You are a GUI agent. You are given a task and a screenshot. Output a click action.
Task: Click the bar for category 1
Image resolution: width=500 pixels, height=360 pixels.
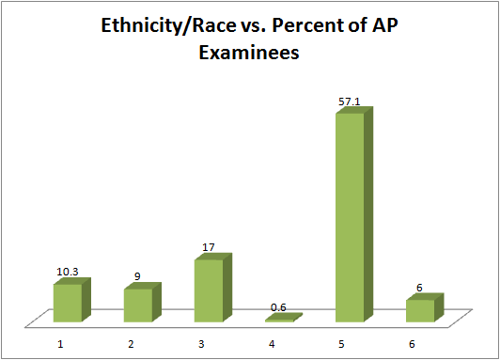click(x=68, y=303)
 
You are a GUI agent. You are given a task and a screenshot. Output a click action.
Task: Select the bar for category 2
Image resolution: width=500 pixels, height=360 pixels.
click(x=138, y=305)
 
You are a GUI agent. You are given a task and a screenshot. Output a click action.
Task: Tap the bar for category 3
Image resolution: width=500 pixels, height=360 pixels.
click(x=209, y=290)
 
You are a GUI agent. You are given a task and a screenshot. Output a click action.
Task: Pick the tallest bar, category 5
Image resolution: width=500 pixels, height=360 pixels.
click(x=350, y=217)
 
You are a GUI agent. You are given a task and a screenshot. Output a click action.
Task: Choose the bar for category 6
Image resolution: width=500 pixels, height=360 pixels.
click(x=420, y=310)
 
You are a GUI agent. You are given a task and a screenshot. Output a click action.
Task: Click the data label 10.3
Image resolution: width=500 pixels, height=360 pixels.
click(x=66, y=271)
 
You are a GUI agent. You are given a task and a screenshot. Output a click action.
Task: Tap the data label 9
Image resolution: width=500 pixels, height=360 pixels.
click(x=137, y=276)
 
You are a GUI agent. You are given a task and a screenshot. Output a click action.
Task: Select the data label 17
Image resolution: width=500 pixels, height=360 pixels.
click(x=209, y=247)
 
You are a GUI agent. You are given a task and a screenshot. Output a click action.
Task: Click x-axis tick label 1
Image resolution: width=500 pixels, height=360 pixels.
click(x=61, y=344)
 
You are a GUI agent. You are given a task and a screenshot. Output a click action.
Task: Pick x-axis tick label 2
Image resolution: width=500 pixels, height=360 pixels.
click(x=132, y=344)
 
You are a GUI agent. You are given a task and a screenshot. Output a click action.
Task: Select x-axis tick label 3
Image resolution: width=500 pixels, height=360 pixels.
click(x=202, y=344)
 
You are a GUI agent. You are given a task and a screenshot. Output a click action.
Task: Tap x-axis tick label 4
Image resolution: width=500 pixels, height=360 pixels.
click(x=273, y=344)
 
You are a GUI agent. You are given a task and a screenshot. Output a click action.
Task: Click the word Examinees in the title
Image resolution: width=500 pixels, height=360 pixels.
click(x=248, y=54)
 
